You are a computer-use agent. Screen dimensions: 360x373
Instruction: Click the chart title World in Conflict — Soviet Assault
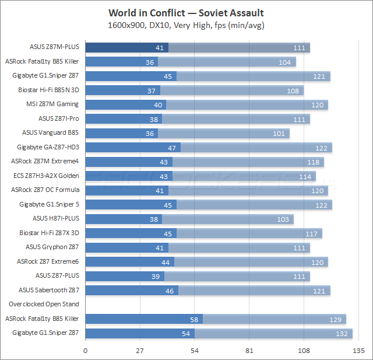[186, 13]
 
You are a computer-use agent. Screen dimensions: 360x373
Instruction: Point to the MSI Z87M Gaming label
[52, 104]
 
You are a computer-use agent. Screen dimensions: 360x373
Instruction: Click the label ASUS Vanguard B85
[50, 132]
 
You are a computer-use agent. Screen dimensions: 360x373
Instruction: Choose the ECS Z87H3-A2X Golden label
[46, 175]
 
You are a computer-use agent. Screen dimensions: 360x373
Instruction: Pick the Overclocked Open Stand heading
[44, 304]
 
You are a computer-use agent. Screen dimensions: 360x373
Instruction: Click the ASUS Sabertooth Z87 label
[48, 289]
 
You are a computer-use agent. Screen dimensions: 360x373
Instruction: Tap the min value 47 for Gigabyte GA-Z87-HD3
[172, 147]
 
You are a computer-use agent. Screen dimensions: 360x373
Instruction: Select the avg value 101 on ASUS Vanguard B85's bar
[279, 133]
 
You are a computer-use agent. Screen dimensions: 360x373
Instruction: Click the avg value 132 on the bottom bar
[342, 333]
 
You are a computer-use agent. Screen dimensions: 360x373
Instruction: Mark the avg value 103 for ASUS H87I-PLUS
[283, 219]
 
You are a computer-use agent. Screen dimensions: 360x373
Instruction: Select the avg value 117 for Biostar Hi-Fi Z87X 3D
[312, 233]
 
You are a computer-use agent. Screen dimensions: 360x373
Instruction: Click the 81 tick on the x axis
[249, 350]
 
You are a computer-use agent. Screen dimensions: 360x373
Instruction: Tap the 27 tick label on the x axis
[140, 350]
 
